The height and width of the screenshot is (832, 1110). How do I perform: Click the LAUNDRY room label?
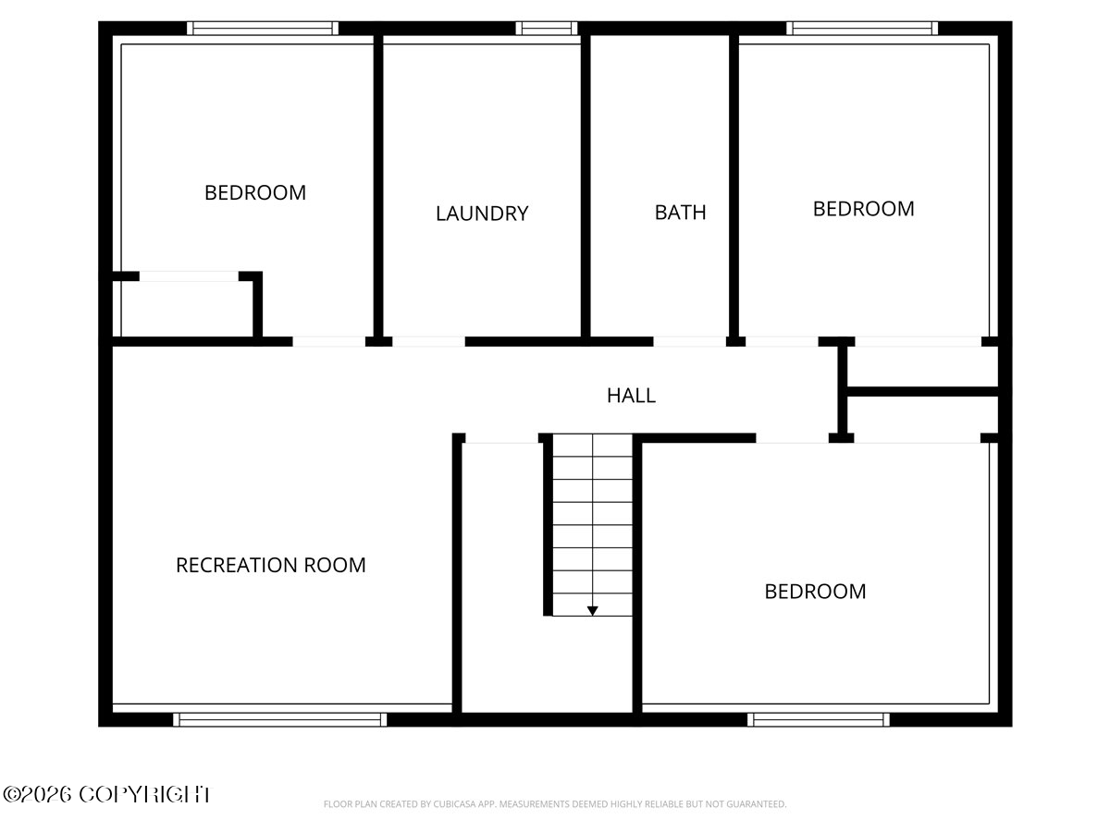tap(482, 214)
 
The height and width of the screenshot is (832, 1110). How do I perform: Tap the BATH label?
tap(680, 213)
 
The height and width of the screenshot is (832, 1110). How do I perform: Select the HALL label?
tap(632, 396)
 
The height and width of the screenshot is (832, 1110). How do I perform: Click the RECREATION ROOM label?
tap(271, 565)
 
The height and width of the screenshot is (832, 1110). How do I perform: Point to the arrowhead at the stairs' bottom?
tap(592, 610)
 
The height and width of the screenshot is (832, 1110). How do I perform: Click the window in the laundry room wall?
tap(547, 29)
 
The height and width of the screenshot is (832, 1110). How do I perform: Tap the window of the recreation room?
tap(280, 718)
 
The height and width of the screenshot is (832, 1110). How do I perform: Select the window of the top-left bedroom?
tap(263, 29)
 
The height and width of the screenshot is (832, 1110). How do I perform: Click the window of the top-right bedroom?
tap(862, 29)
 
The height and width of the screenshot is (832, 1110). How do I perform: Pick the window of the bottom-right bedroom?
tap(819, 718)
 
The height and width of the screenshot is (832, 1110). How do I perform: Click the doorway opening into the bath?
tap(689, 341)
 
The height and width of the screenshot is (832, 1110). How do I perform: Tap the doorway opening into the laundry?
tap(428, 341)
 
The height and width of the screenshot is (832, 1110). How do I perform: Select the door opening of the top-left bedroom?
tap(329, 341)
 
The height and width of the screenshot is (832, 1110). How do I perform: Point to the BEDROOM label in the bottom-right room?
tap(815, 592)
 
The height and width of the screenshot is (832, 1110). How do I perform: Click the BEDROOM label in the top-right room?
tap(863, 209)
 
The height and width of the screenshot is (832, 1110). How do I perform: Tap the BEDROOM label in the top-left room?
tap(255, 193)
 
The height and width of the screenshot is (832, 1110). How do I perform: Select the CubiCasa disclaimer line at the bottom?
tap(555, 804)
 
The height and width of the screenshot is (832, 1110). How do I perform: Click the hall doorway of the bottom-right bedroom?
tap(793, 437)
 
